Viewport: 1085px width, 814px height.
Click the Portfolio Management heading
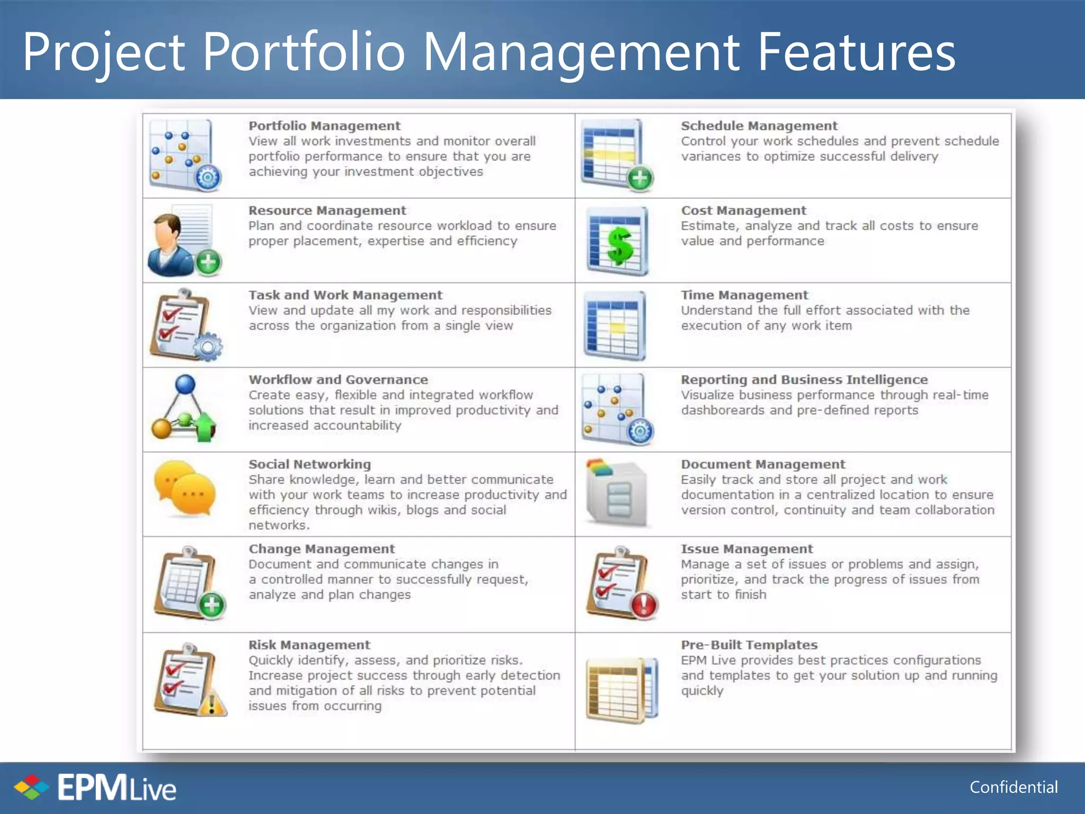click(x=324, y=126)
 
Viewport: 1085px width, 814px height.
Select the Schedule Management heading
click(x=759, y=126)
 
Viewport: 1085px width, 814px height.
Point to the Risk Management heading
click(x=309, y=645)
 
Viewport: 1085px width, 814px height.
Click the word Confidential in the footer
click(x=1013, y=787)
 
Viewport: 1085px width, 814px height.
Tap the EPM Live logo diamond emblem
click(x=31, y=787)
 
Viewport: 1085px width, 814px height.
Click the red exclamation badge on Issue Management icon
click(x=644, y=605)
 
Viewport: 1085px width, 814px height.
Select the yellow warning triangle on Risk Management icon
click(x=212, y=703)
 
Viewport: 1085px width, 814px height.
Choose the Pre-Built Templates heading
click(x=749, y=645)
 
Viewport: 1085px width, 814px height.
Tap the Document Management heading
click(x=763, y=464)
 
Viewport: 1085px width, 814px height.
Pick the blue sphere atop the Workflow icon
click(x=185, y=384)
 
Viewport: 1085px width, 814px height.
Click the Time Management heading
click(x=744, y=295)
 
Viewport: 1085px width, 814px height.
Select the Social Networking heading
click(x=309, y=464)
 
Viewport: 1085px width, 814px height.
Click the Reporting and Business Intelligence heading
click(x=804, y=380)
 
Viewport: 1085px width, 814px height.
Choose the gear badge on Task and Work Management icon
click(x=208, y=347)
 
